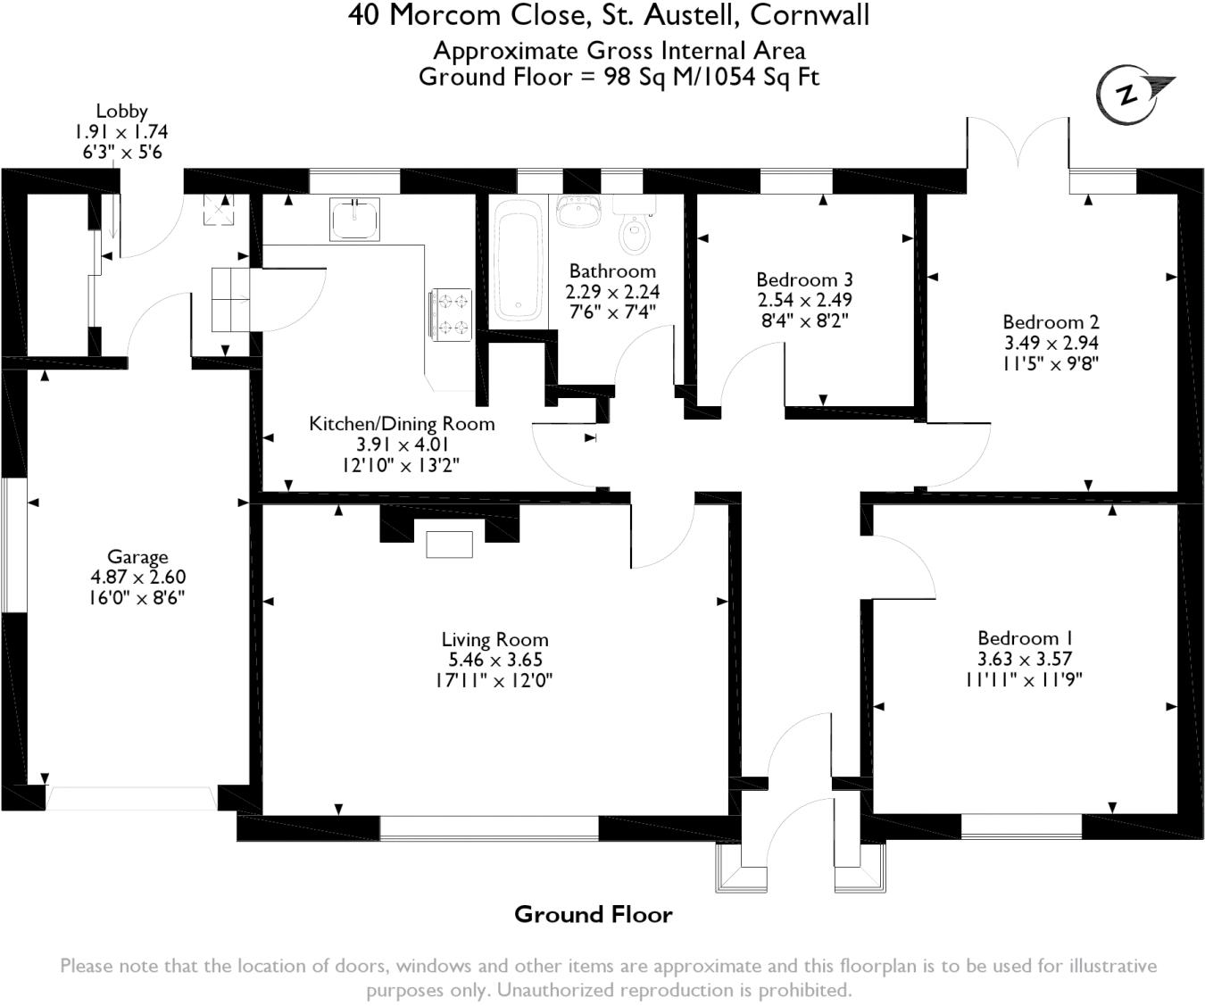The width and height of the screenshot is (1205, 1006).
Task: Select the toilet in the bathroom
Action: point(635,234)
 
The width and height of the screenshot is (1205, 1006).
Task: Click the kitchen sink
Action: point(355,219)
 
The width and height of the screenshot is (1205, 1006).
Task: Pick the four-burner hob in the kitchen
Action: point(452,315)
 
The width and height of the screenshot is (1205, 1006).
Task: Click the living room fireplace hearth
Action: point(449,544)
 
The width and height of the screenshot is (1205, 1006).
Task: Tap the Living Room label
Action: point(494,640)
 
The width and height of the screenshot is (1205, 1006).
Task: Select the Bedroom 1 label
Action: point(1024,638)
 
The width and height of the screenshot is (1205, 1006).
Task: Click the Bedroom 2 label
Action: point(1051,322)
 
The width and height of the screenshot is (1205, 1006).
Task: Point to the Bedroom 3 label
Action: point(804,280)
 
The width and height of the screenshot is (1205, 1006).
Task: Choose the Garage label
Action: point(137,558)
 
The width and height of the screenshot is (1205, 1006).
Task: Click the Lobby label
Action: point(121,112)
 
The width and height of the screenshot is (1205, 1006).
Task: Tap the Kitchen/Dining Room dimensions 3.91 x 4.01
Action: point(401,445)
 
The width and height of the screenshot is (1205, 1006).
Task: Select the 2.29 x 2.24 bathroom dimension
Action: point(612,292)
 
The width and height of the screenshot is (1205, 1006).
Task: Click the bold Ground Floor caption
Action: point(593,915)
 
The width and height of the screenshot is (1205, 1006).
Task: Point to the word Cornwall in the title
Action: point(810,15)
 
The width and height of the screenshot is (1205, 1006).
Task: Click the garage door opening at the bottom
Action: point(130,797)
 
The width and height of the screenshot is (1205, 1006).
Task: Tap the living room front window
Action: point(489,827)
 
